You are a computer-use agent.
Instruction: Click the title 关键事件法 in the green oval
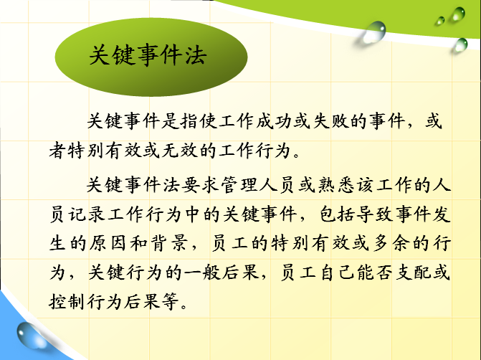tap(148, 55)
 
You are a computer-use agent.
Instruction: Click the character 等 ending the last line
tap(171, 302)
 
